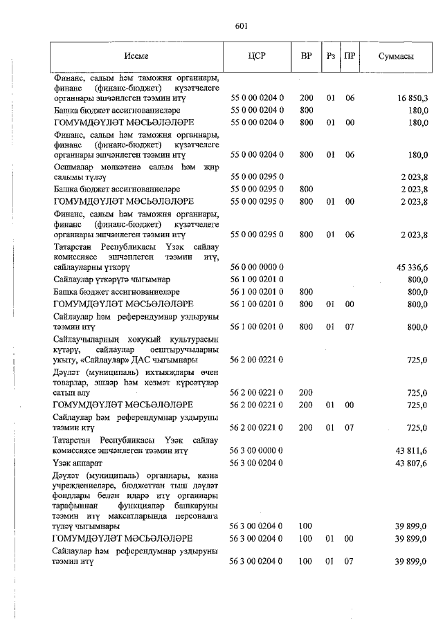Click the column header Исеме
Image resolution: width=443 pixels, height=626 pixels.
pos(136,56)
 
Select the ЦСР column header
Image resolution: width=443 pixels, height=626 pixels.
pos(256,56)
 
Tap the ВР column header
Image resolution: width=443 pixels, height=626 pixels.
pos(306,56)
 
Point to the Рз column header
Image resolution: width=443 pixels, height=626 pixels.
pos(331,56)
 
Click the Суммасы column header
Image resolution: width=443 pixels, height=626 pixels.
pos(396,56)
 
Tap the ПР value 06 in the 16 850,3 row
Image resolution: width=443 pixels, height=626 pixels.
pos(350,99)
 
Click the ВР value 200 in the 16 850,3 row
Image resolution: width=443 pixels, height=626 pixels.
pos(306,99)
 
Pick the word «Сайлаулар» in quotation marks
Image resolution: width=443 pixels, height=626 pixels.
pos(125,360)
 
